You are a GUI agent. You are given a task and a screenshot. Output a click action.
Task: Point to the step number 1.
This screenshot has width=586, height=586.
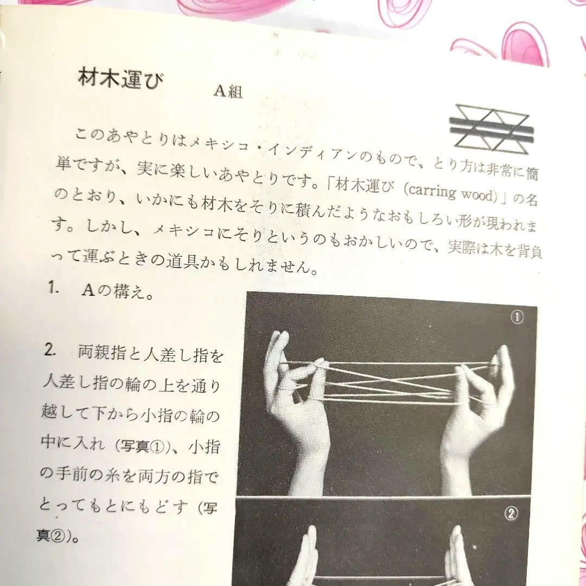pyautogui.click(x=53, y=288)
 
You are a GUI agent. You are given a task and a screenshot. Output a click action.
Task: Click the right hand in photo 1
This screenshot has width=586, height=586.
pyautogui.click(x=477, y=402)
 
